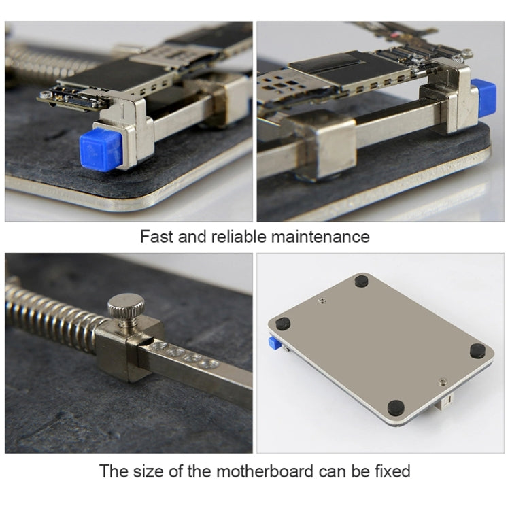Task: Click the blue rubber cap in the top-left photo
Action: click(101, 148)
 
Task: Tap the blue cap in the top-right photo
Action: click(483, 97)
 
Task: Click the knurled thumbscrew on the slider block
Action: click(126, 309)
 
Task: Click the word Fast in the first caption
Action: click(156, 237)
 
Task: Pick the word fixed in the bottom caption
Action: click(390, 471)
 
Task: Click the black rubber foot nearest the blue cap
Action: click(283, 324)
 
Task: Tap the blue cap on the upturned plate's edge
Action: click(275, 343)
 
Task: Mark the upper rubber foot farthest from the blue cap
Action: click(361, 281)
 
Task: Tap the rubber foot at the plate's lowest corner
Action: click(395, 407)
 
